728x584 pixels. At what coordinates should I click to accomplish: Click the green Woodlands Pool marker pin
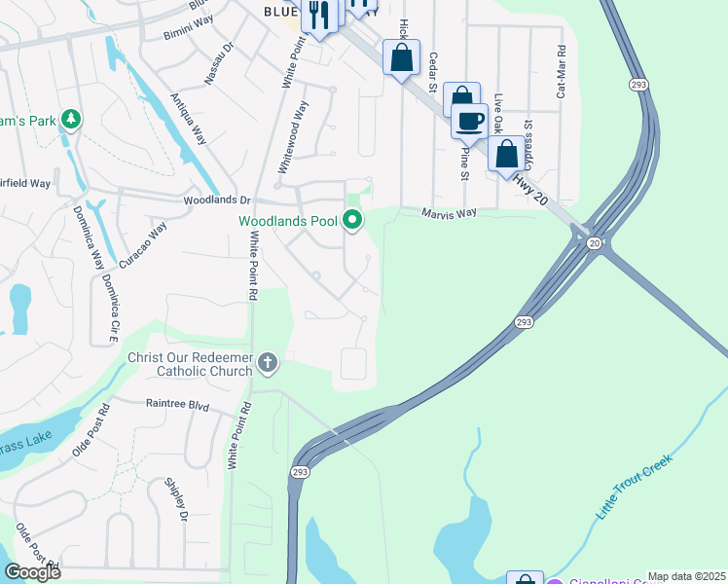pyautogui.click(x=353, y=221)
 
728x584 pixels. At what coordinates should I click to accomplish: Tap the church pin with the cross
pyautogui.click(x=267, y=364)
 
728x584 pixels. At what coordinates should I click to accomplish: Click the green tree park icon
pyautogui.click(x=70, y=120)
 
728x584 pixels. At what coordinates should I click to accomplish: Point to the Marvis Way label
pyautogui.click(x=449, y=213)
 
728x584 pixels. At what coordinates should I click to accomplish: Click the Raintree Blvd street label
pyautogui.click(x=177, y=403)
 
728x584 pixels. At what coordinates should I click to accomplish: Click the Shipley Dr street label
pyautogui.click(x=175, y=500)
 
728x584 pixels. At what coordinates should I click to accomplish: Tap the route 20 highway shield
pyautogui.click(x=593, y=244)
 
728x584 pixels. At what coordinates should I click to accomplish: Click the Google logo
pyautogui.click(x=32, y=571)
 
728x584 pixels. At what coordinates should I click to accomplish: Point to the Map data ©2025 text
pyautogui.click(x=686, y=576)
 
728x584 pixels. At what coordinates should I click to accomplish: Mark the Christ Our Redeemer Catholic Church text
pyautogui.click(x=190, y=364)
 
